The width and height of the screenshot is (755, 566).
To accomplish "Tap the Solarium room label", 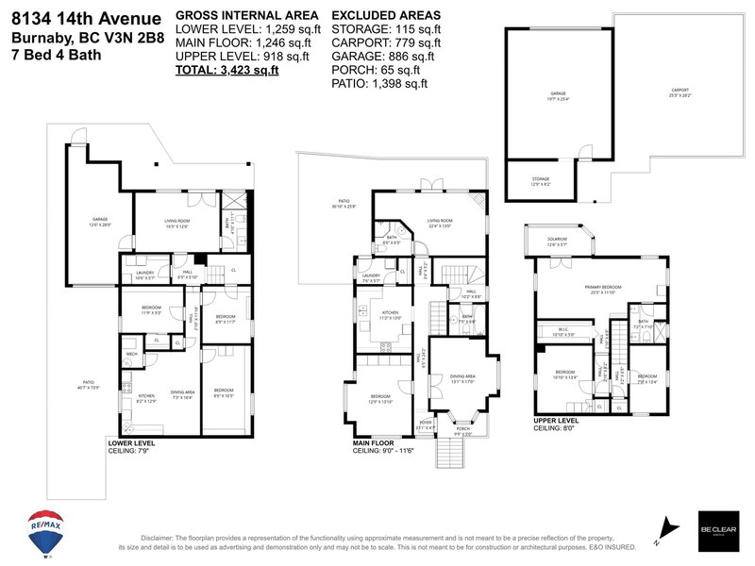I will coord(557,241).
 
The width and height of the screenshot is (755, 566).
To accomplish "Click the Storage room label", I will coord(540,181).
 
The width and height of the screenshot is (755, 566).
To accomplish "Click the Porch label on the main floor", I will coord(462,433).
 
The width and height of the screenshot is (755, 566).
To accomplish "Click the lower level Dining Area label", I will coord(182,397).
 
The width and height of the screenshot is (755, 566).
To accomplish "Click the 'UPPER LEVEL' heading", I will coord(557,420).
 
